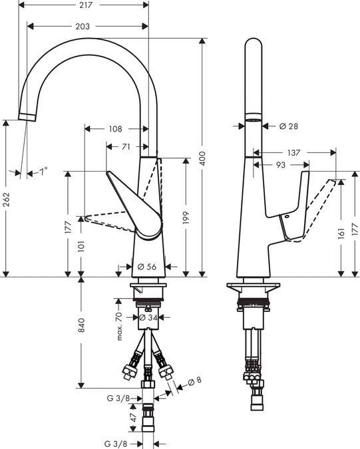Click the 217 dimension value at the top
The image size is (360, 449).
pyautogui.click(x=86, y=5)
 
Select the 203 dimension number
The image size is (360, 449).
pyautogui.click(x=83, y=27)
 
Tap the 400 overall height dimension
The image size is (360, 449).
pyautogui.click(x=202, y=158)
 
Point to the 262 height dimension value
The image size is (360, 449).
pyautogui.click(x=6, y=200)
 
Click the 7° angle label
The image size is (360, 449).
pyautogui.click(x=43, y=172)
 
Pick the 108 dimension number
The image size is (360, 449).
pyautogui.click(x=115, y=129)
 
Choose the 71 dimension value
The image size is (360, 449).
pyautogui.click(x=126, y=147)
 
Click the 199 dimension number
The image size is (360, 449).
pyautogui.click(x=186, y=218)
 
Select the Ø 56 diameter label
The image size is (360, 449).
pyautogui.click(x=147, y=267)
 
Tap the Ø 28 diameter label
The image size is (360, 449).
pyautogui.click(x=288, y=126)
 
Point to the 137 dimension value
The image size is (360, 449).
pyautogui.click(x=293, y=152)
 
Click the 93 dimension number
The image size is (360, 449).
pyautogui.click(x=281, y=165)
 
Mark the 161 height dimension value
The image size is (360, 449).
pyautogui.click(x=341, y=233)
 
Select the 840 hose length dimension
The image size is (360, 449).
pyautogui.click(x=82, y=325)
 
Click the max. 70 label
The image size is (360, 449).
pyautogui.click(x=119, y=326)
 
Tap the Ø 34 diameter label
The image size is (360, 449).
pyautogui.click(x=148, y=317)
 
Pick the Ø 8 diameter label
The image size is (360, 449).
pyautogui.click(x=195, y=381)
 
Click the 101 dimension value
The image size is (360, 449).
pyautogui.click(x=82, y=246)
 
